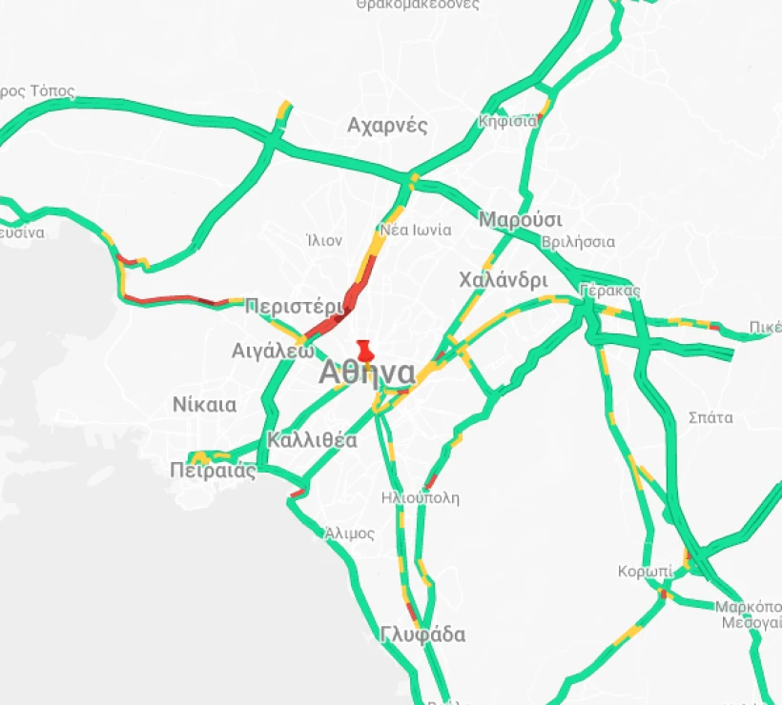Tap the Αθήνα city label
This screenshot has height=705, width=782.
coord(367,373)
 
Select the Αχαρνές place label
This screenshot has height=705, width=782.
coord(387,126)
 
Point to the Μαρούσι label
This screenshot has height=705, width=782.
coord(521,220)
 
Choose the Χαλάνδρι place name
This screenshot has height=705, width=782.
coord(503,281)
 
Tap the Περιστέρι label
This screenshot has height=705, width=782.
coord(293,307)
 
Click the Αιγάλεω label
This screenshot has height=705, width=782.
coord(273,351)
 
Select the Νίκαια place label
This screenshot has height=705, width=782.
coord(204,405)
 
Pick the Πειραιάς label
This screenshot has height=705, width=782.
coord(214,470)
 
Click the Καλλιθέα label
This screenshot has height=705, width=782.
coord(312,440)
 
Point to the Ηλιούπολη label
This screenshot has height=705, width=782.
coord(420,497)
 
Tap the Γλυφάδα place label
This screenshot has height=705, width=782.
coord(422,634)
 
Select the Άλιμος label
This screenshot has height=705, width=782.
coord(349,534)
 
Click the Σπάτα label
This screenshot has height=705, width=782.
coord(710,417)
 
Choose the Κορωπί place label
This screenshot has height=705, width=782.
coord(645,572)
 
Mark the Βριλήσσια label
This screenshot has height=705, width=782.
coord(578,242)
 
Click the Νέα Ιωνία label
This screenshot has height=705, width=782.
coord(415,230)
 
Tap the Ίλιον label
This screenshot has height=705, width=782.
coord(324,240)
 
